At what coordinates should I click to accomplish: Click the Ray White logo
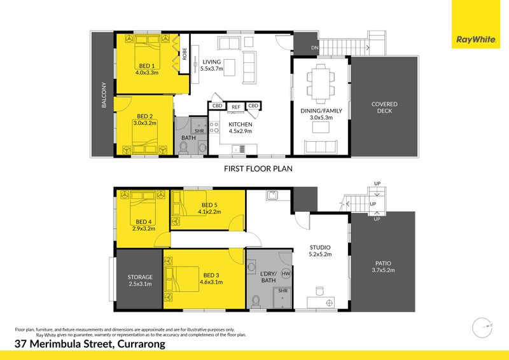[x=476, y=39]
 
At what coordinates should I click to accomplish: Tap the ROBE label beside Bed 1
[x=185, y=54]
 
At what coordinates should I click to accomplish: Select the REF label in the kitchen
[x=236, y=107]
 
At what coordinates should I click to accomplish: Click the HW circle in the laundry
[x=286, y=273]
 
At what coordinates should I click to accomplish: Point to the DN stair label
[x=314, y=48]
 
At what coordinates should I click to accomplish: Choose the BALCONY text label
[x=104, y=95]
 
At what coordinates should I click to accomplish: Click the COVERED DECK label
[x=384, y=107]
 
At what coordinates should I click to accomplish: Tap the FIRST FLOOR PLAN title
[x=258, y=169]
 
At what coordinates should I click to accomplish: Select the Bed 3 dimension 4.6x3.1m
[x=211, y=282]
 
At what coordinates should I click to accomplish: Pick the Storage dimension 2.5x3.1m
[x=140, y=284]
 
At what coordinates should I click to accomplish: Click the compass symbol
[x=482, y=328]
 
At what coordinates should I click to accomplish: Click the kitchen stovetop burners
[x=214, y=127]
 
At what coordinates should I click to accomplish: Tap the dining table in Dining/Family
[x=321, y=82]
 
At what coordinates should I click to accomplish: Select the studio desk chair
[x=320, y=291]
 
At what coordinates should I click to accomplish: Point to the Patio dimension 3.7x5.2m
[x=384, y=270]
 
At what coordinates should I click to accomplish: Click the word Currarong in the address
[x=141, y=344]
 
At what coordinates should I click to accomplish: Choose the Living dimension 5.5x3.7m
[x=212, y=69]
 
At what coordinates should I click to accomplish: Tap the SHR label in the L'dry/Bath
[x=282, y=291]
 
